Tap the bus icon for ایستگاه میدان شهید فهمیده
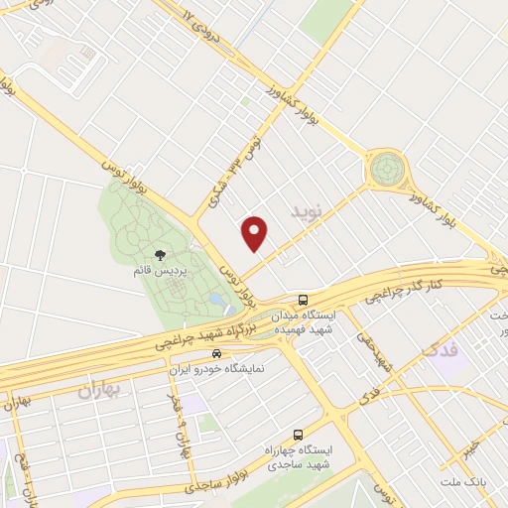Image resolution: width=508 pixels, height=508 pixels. click(304, 299)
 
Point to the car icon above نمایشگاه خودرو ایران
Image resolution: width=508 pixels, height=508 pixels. click(216, 353)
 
